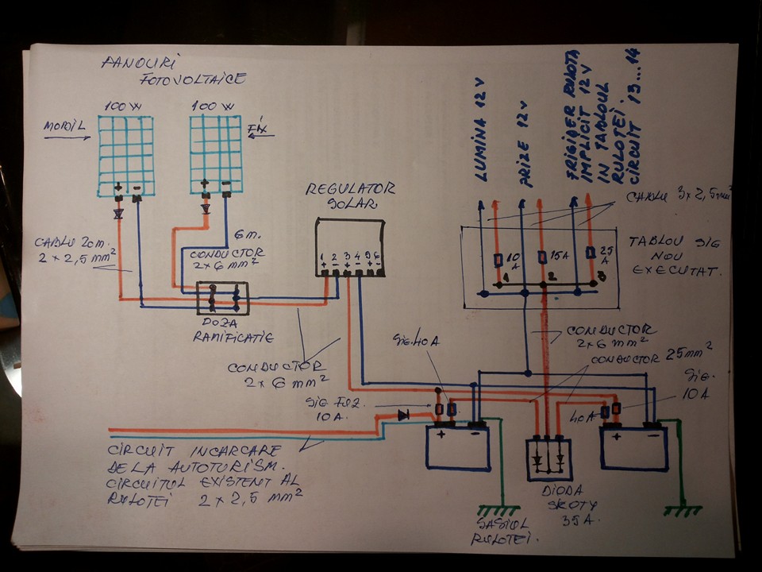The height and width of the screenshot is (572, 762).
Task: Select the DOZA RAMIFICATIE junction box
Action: [222, 298]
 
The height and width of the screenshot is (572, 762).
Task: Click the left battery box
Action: [459, 447]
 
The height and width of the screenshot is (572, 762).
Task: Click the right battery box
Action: [634, 447]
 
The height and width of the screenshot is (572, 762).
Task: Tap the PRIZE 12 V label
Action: [521, 143]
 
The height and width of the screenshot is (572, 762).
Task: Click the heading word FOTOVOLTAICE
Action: [193, 79]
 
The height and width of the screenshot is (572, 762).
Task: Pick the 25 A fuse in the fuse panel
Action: [589, 253]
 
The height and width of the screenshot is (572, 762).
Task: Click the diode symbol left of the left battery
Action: [403, 414]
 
